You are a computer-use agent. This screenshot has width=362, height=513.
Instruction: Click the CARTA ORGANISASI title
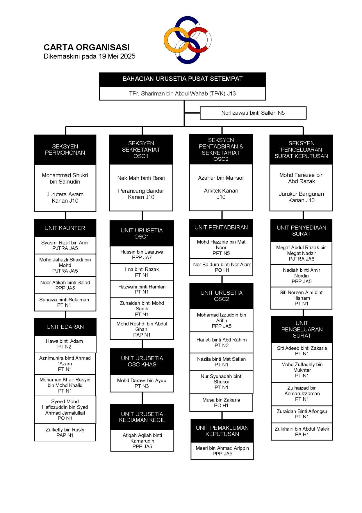point(86,47)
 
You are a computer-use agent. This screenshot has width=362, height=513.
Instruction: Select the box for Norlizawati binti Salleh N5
point(253,113)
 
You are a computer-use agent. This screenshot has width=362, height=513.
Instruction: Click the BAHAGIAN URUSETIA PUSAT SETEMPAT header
point(183,79)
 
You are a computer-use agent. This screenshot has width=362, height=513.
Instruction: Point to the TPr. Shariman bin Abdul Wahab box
point(183,94)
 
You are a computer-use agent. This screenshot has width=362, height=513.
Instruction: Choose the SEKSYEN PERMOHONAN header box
point(65,150)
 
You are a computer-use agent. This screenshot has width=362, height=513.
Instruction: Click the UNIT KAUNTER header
point(65,228)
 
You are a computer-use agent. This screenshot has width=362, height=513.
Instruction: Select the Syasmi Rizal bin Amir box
point(65,245)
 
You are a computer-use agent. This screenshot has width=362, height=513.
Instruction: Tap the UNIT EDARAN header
point(65,327)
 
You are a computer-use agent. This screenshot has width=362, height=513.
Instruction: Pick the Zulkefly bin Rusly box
point(65,432)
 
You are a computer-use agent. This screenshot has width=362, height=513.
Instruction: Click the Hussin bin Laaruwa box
point(142,255)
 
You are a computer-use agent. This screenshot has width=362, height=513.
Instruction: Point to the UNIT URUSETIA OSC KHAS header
point(142,362)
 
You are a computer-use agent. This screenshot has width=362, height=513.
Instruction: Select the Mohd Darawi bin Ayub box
point(142,383)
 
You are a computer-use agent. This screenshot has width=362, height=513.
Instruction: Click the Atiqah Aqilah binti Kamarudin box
point(142,441)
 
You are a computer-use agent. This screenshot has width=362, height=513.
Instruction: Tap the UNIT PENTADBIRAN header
point(221,228)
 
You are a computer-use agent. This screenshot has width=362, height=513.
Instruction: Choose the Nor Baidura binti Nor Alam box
point(221,267)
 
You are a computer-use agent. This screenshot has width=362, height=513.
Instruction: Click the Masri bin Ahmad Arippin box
point(222,451)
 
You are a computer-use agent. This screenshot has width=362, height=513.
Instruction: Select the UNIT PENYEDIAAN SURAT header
point(302,231)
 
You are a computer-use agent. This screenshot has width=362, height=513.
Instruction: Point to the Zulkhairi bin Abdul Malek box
point(302,432)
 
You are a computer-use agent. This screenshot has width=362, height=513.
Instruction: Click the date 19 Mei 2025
point(117,56)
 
